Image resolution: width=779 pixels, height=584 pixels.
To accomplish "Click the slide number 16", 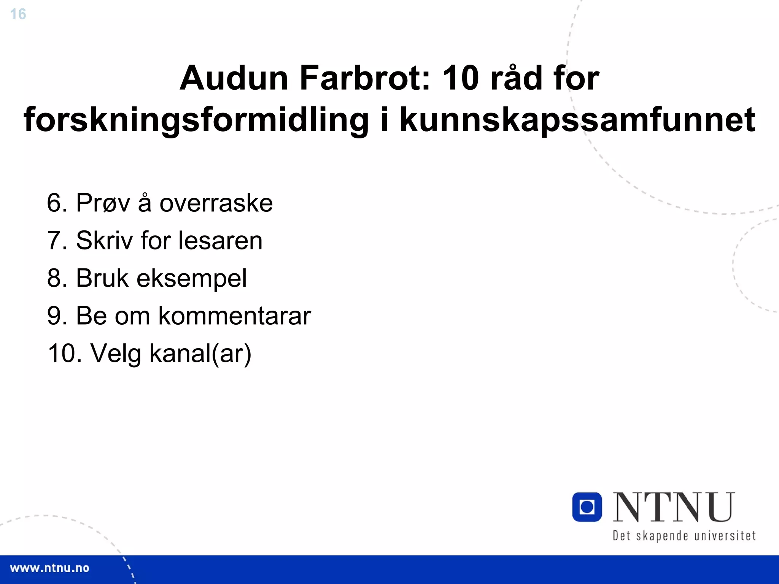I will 18,14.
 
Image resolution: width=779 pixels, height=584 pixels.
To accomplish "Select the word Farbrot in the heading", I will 365,78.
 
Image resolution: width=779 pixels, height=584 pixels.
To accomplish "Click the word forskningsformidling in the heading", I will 196,120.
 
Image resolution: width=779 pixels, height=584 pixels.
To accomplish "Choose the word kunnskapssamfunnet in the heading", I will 577,120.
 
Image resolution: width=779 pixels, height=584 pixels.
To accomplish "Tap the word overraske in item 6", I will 216,203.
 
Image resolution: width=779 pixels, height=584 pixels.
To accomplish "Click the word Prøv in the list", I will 103,203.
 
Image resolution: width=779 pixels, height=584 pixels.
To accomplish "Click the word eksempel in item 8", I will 192,278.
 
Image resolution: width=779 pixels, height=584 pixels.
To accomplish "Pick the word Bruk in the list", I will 102,278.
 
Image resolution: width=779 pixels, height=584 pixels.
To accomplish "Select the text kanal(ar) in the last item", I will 200,354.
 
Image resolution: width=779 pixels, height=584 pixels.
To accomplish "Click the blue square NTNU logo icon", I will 587,507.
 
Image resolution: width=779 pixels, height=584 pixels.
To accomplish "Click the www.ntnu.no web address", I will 49,568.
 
